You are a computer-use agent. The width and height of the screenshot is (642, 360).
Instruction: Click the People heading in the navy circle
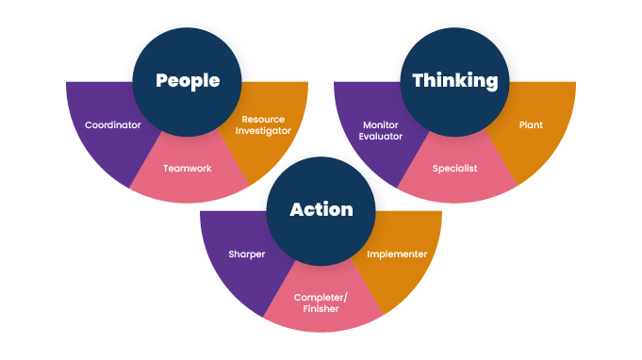tap(187, 81)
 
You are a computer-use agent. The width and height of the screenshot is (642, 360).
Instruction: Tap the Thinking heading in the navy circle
tap(455, 81)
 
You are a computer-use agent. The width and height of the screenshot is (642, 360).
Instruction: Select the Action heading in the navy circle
tap(321, 209)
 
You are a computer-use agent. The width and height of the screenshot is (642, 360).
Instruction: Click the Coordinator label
tap(112, 125)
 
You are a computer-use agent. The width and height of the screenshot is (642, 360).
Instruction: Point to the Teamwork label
tap(187, 169)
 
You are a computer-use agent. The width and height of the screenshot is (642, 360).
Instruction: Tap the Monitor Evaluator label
tap(381, 131)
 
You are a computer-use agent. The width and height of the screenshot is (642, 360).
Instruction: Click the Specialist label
tap(455, 169)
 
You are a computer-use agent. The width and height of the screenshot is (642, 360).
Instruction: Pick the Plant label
tap(531, 124)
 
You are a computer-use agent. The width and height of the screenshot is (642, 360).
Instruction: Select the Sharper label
tap(246, 254)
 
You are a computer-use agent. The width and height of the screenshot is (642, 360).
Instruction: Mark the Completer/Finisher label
tap(321, 303)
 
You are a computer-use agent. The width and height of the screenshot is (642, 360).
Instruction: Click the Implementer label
tap(397, 254)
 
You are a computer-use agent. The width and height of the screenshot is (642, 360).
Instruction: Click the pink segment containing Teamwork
tap(187, 184)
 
